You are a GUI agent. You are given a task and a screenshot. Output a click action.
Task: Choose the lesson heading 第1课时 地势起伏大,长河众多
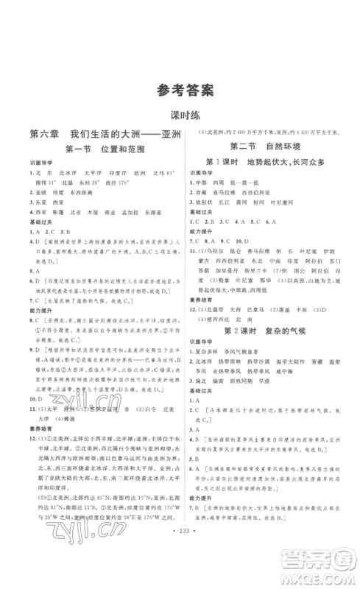[269, 161]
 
